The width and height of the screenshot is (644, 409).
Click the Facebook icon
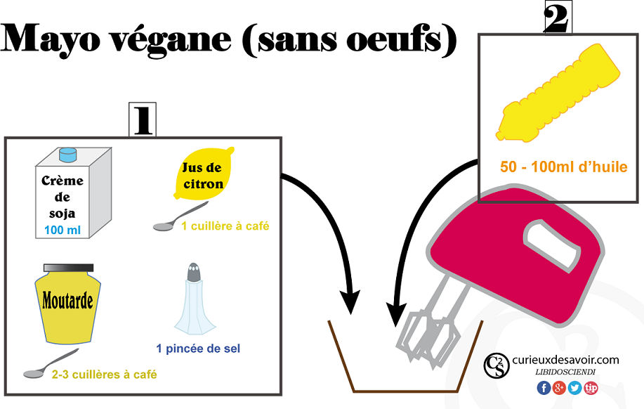coord(544,387)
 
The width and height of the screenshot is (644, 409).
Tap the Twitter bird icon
coord(574,387)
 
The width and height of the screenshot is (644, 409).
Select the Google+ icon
coord(559,387)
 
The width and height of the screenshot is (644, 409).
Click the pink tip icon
coord(591,387)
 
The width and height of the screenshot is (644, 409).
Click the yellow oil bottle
coord(558,93)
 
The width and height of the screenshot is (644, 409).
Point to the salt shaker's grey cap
coord(194,272)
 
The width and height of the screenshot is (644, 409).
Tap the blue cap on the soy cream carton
coord(67,155)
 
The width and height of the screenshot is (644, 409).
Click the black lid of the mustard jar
coord(69,268)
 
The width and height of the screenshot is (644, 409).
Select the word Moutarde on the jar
coord(67,301)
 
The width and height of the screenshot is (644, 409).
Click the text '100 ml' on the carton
coord(63,230)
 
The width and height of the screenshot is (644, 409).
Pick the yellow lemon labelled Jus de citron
coord(204,174)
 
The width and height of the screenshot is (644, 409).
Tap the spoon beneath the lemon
coord(180,216)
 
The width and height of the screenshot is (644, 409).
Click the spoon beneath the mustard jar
coord(51,364)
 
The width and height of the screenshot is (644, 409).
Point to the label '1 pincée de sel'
coord(198,349)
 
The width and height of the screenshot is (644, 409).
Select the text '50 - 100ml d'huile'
coord(564,167)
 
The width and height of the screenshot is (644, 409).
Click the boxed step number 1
coord(143,119)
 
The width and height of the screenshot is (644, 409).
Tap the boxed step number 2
coord(558,18)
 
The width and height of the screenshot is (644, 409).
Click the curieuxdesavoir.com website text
coord(565,360)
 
